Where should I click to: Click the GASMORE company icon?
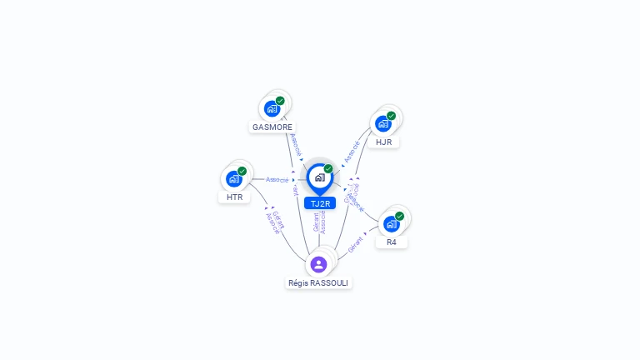pos(272,108)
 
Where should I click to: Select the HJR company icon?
pos(383,123)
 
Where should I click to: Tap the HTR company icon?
pos(234,178)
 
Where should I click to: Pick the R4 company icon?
pos(391,223)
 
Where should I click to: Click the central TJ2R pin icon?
pos(319,177)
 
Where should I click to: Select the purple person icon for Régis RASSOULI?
pos(318,264)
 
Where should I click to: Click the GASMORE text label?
pos(272,127)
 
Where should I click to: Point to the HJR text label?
pos(384,142)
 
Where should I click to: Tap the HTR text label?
pos(234,197)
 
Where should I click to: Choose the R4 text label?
pos(392,242)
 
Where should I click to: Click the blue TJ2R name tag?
pos(320,203)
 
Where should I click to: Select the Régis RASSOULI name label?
pos(318,283)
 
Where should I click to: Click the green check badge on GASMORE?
pos(280,101)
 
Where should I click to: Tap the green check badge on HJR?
pos(391,116)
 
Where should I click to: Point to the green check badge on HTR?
pos(242,171)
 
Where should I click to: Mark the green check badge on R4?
pos(399,216)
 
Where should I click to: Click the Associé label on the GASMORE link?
pos(297,146)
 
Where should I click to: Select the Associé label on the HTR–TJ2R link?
pos(277,179)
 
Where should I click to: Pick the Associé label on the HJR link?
pos(352,151)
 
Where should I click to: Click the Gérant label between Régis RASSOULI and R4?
pos(356,245)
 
